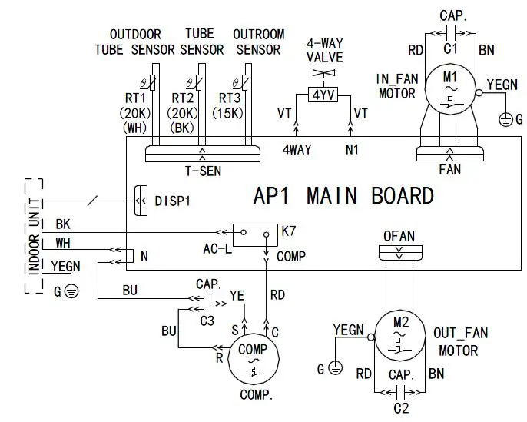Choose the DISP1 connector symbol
(x=141, y=201)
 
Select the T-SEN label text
(x=204, y=171)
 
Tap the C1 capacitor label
(x=450, y=48)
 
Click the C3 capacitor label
(x=207, y=321)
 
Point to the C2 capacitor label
(x=401, y=408)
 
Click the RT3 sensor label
(x=230, y=98)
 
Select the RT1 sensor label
(x=135, y=98)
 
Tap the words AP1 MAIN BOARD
(x=343, y=195)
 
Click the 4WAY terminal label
(x=297, y=149)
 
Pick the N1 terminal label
(x=352, y=149)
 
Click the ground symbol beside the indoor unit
(x=71, y=291)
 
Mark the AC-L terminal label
(x=217, y=249)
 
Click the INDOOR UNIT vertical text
(x=35, y=237)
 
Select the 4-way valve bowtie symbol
(x=323, y=72)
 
